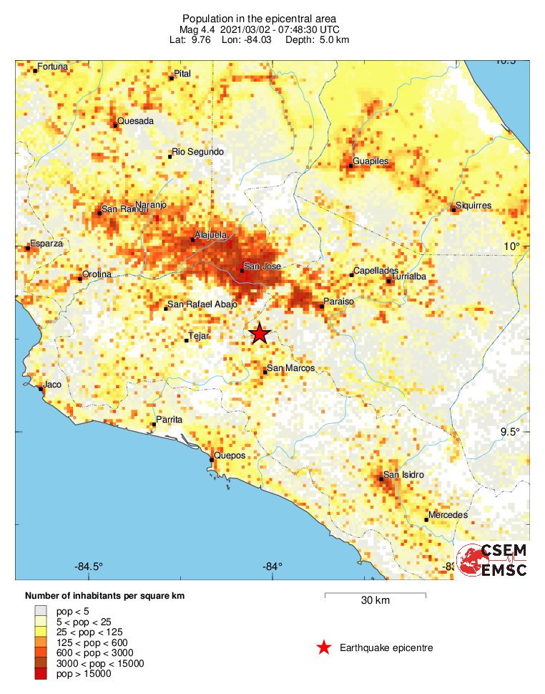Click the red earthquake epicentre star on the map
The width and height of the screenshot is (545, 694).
click(x=260, y=334)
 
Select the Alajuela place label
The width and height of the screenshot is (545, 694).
click(x=211, y=235)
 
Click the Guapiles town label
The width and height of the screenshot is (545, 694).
click(x=370, y=161)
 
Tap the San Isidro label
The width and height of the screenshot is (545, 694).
click(x=404, y=475)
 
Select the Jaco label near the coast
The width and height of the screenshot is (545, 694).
click(x=52, y=385)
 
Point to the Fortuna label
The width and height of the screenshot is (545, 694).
click(x=52, y=67)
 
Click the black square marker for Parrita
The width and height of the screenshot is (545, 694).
click(x=154, y=425)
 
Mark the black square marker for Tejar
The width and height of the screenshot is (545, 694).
click(x=187, y=340)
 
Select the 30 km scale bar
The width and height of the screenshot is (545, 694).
click(x=375, y=594)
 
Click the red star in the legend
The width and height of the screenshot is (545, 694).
click(x=324, y=647)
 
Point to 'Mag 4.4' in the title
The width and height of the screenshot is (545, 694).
click(x=198, y=29)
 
